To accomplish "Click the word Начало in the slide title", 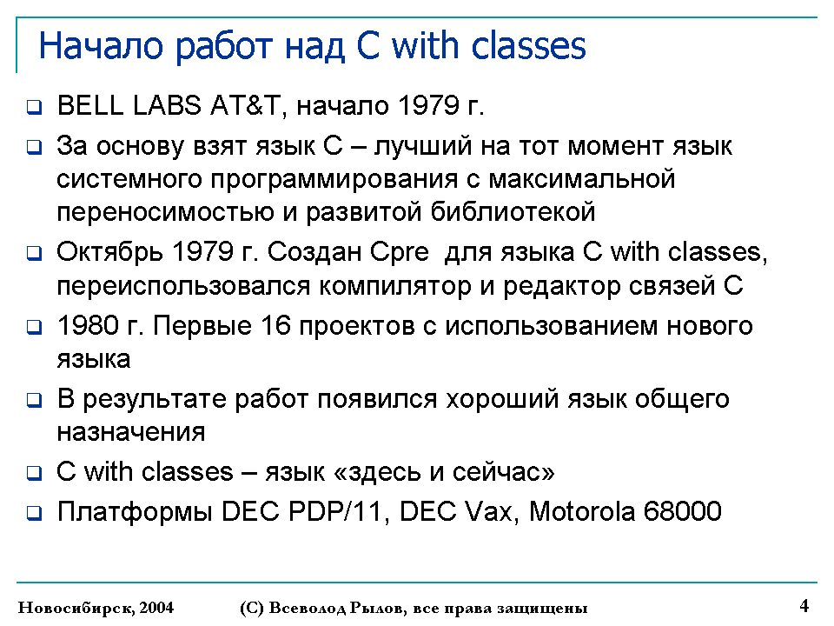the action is pyautogui.click(x=101, y=46).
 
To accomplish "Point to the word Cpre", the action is pyautogui.click(x=399, y=253).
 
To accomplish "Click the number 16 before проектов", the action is pyautogui.click(x=275, y=326).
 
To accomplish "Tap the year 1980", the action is pyautogui.click(x=88, y=326).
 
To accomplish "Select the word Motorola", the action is pyautogui.click(x=582, y=511).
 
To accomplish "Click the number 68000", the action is pyautogui.click(x=683, y=511).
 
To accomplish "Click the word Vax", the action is pyautogui.click(x=492, y=511).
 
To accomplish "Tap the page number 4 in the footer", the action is pyautogui.click(x=804, y=606).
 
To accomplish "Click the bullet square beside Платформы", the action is pyautogui.click(x=34, y=513).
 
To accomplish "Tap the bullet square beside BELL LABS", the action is pyautogui.click(x=34, y=106).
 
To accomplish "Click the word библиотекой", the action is pyautogui.click(x=513, y=212).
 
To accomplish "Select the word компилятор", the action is pyautogui.click(x=395, y=286).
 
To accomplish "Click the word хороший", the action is pyautogui.click(x=502, y=399).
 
